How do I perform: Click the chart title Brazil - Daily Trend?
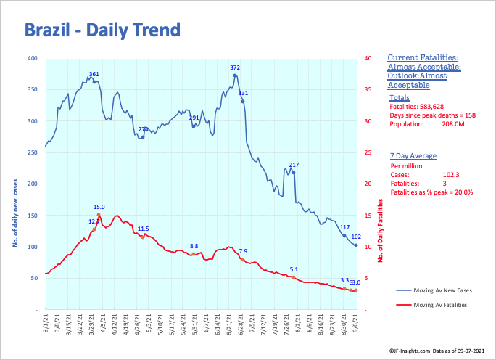click(102, 30)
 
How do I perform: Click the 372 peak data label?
click(235, 67)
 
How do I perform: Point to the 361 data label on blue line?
click(94, 74)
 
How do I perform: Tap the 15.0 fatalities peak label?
click(99, 207)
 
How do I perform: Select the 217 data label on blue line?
click(294, 165)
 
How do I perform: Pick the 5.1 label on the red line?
click(294, 269)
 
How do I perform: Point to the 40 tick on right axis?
click(368, 58)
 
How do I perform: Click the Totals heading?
click(399, 97)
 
